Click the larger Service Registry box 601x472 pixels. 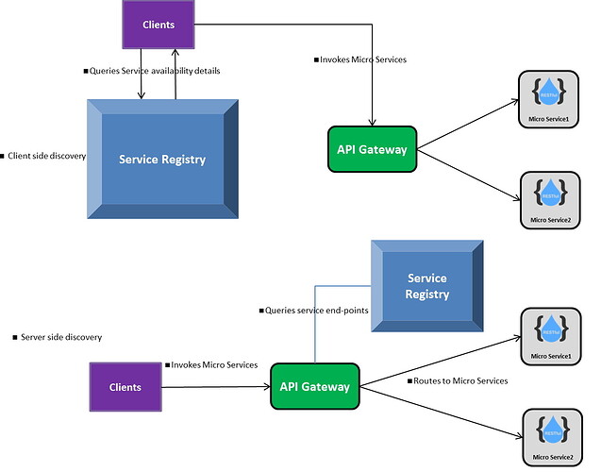coord(162,159)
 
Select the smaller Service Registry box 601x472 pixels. coord(426,286)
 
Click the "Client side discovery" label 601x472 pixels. coord(46,156)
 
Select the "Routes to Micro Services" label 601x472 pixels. coord(459,380)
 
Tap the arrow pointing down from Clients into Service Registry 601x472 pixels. coord(142,76)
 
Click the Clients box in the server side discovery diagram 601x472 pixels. coord(125,387)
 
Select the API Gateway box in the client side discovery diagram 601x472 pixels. coord(372,148)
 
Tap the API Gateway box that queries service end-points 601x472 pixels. coord(315,386)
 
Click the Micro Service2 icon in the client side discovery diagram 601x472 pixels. coord(551,200)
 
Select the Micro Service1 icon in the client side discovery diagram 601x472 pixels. coord(551,100)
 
